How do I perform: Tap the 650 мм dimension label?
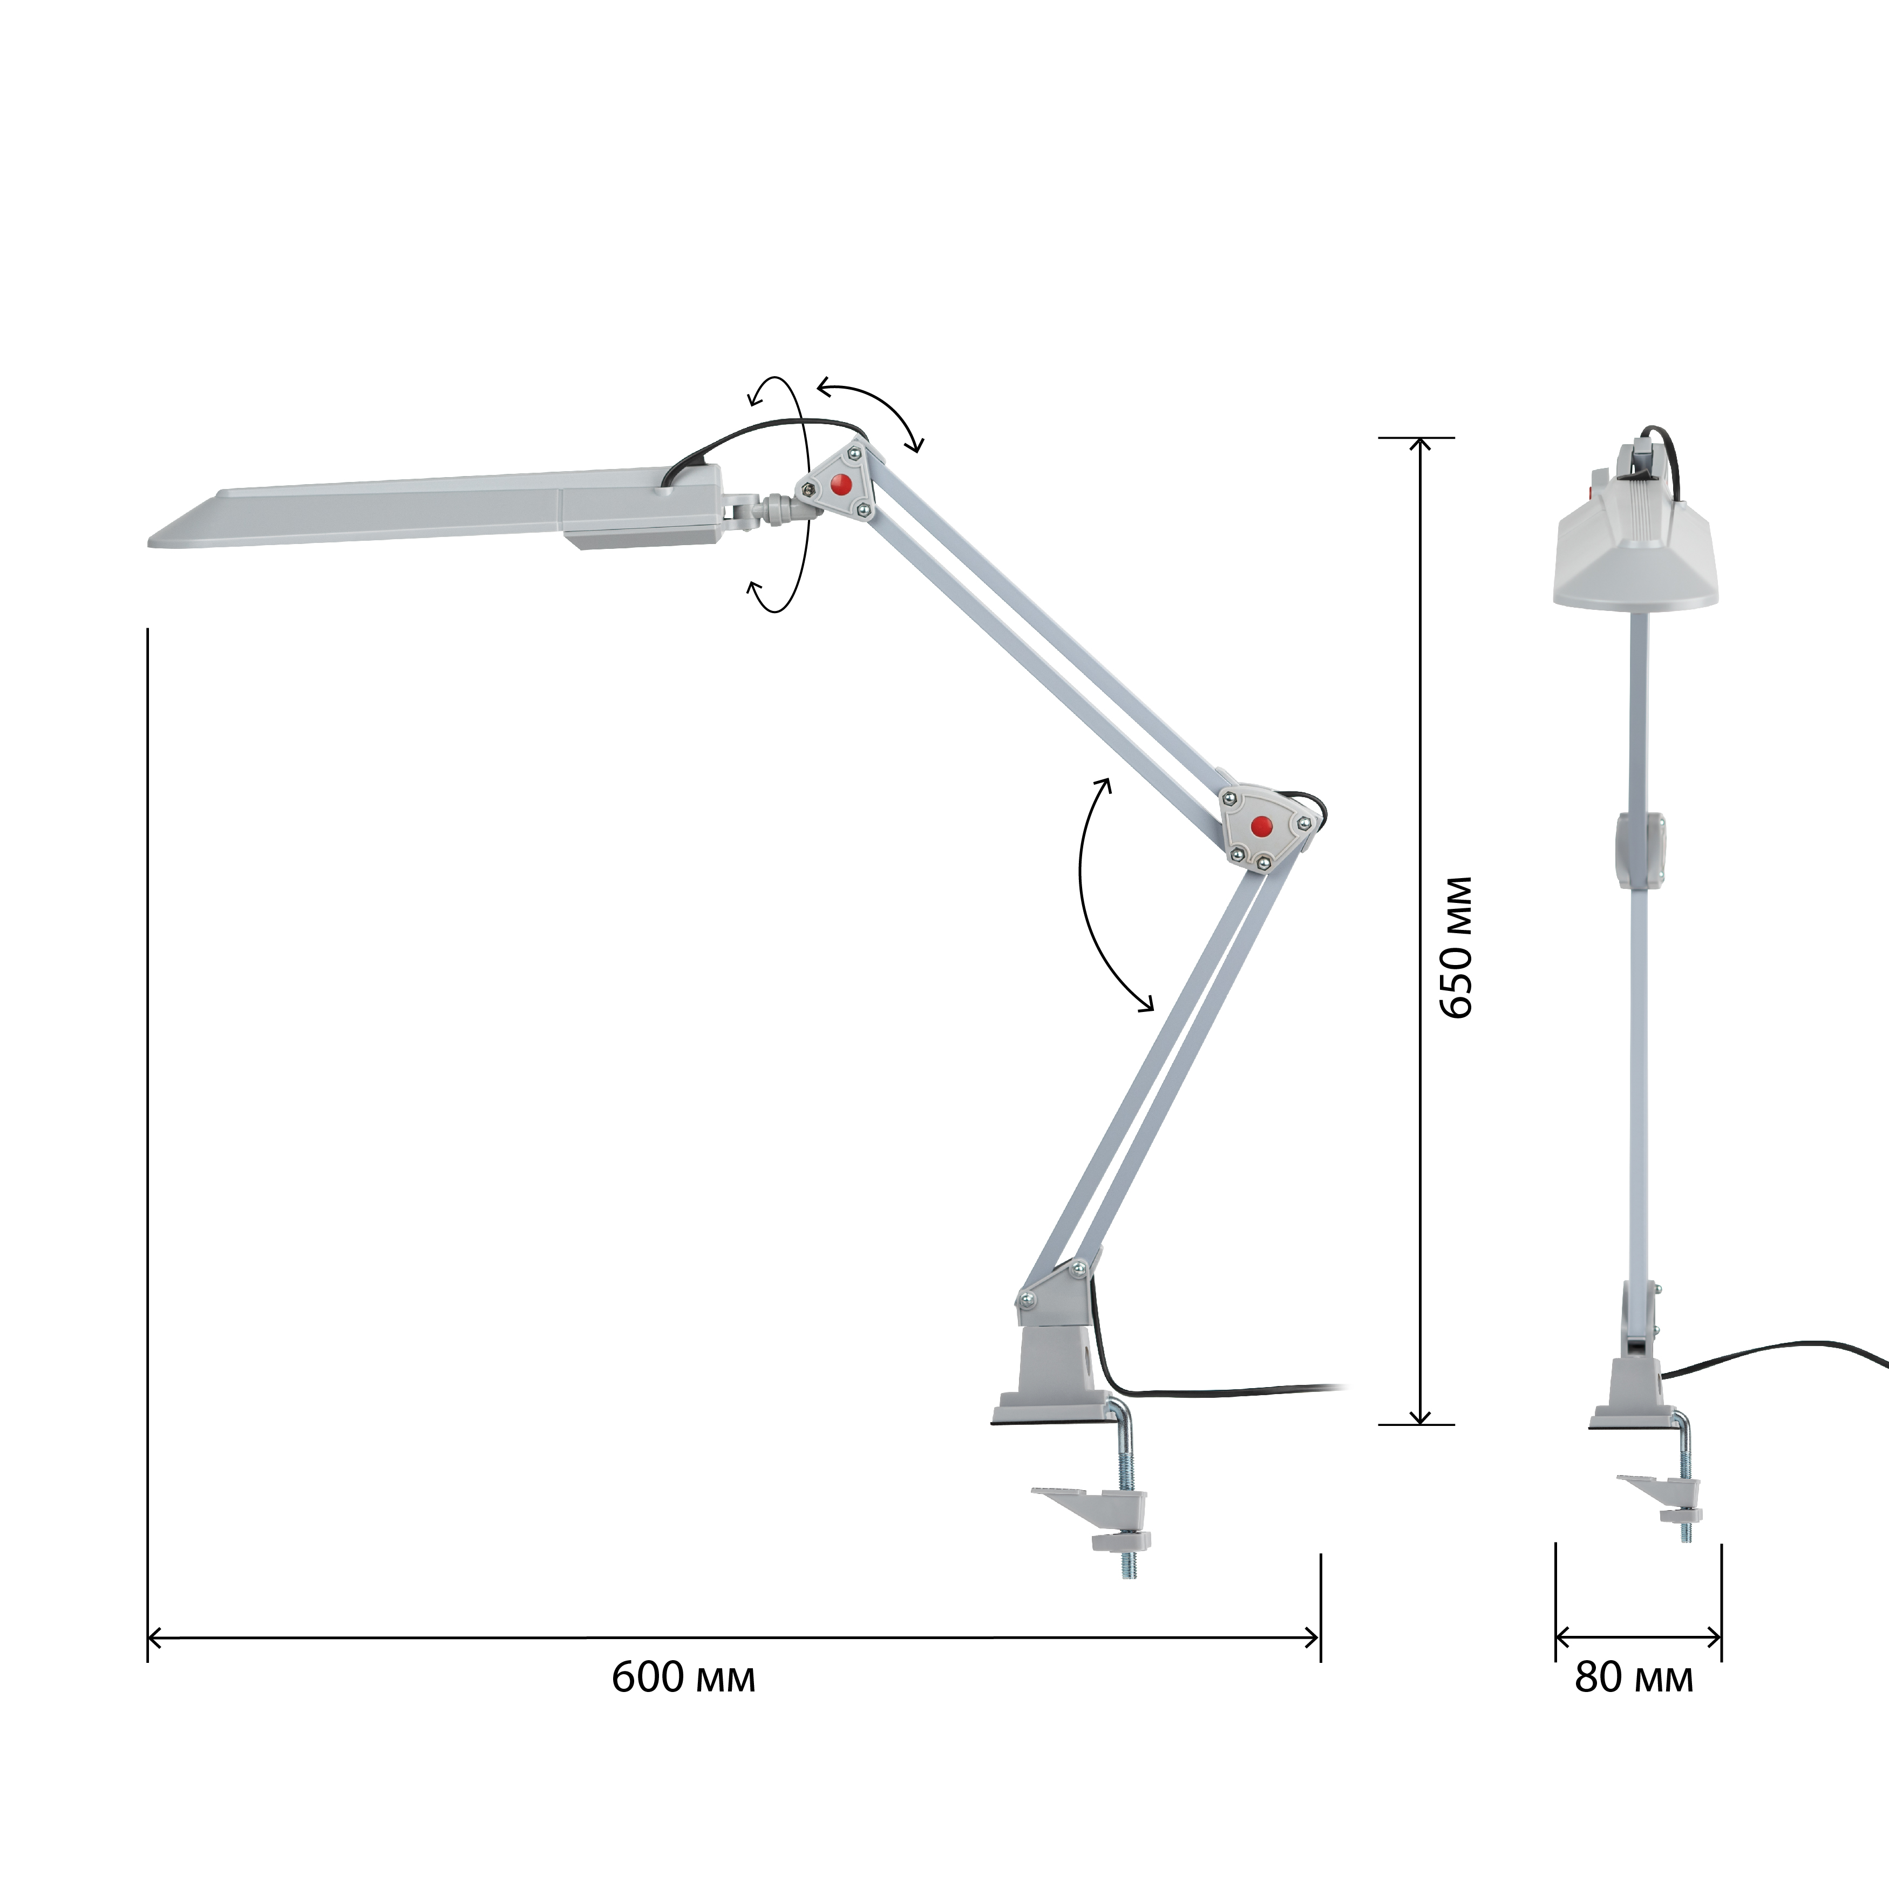pyautogui.click(x=1457, y=947)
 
